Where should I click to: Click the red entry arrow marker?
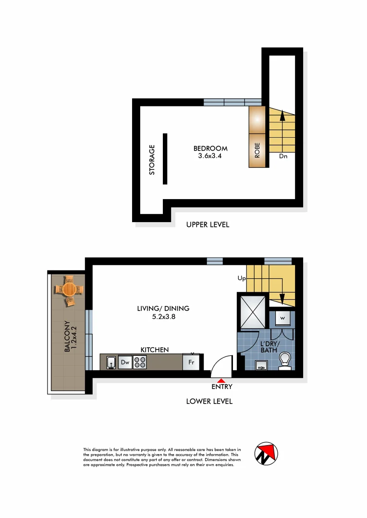[x=221, y=380]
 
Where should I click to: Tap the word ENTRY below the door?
[x=221, y=387]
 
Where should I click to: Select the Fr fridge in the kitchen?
[x=191, y=363]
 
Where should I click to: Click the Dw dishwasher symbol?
[x=125, y=363]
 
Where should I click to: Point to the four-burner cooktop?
[x=140, y=363]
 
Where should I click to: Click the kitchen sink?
[x=111, y=363]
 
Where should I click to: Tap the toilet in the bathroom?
[x=285, y=361]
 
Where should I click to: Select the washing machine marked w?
[x=282, y=318]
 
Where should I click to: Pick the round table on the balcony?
[x=69, y=290]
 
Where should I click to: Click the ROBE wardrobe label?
[x=257, y=150]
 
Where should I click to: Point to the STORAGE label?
[x=152, y=159]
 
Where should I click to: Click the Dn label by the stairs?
[x=283, y=156]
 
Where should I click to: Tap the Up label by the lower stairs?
[x=241, y=278]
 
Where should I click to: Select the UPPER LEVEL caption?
[x=208, y=224]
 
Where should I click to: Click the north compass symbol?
[x=266, y=453]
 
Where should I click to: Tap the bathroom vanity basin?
[x=262, y=367]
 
